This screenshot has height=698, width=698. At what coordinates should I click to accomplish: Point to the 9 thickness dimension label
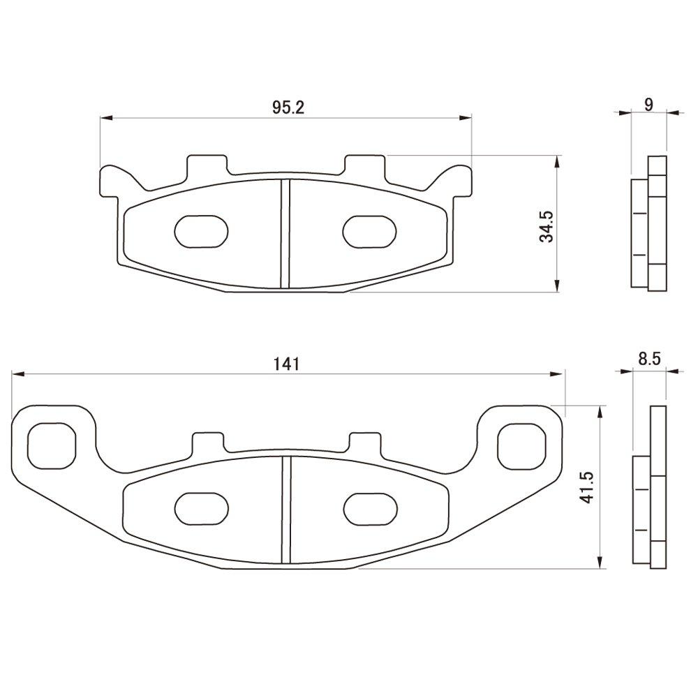pos(648,105)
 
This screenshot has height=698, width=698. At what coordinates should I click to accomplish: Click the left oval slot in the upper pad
pos(201,230)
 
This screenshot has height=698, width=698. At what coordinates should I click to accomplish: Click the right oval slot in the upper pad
pos(371,230)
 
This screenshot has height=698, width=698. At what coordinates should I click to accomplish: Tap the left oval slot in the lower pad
pos(201,509)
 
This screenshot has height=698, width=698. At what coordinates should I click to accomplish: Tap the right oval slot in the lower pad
pos(371,509)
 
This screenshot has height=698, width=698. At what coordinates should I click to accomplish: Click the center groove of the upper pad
pos(285,233)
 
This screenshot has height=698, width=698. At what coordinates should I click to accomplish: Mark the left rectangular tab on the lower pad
pos(209,442)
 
